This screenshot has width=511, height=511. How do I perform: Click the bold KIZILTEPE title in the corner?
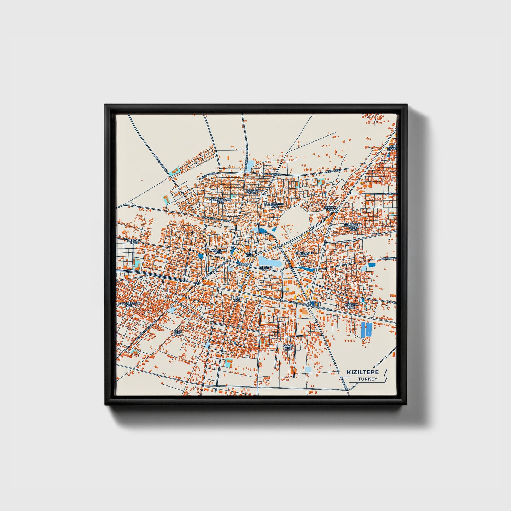click(362, 372)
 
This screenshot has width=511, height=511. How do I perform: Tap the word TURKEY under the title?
click(367, 379)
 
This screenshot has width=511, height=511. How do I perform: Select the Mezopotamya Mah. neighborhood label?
click(221, 201)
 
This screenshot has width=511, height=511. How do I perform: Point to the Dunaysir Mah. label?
click(252, 192)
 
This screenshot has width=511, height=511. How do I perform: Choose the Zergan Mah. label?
click(330, 209)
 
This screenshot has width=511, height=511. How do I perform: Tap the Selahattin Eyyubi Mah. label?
click(353, 227)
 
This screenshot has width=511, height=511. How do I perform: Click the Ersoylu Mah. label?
click(134, 242)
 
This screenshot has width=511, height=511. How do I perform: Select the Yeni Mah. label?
click(250, 254)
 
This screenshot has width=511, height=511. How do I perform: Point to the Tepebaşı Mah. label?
click(266, 268)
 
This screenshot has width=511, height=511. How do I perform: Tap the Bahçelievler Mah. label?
click(129, 304)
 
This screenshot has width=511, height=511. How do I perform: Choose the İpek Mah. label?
click(236, 299)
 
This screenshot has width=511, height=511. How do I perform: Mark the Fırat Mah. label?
click(178, 332)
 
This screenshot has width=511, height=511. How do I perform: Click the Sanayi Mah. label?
click(288, 347)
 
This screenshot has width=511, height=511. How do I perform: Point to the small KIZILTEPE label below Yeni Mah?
click(244, 264)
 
